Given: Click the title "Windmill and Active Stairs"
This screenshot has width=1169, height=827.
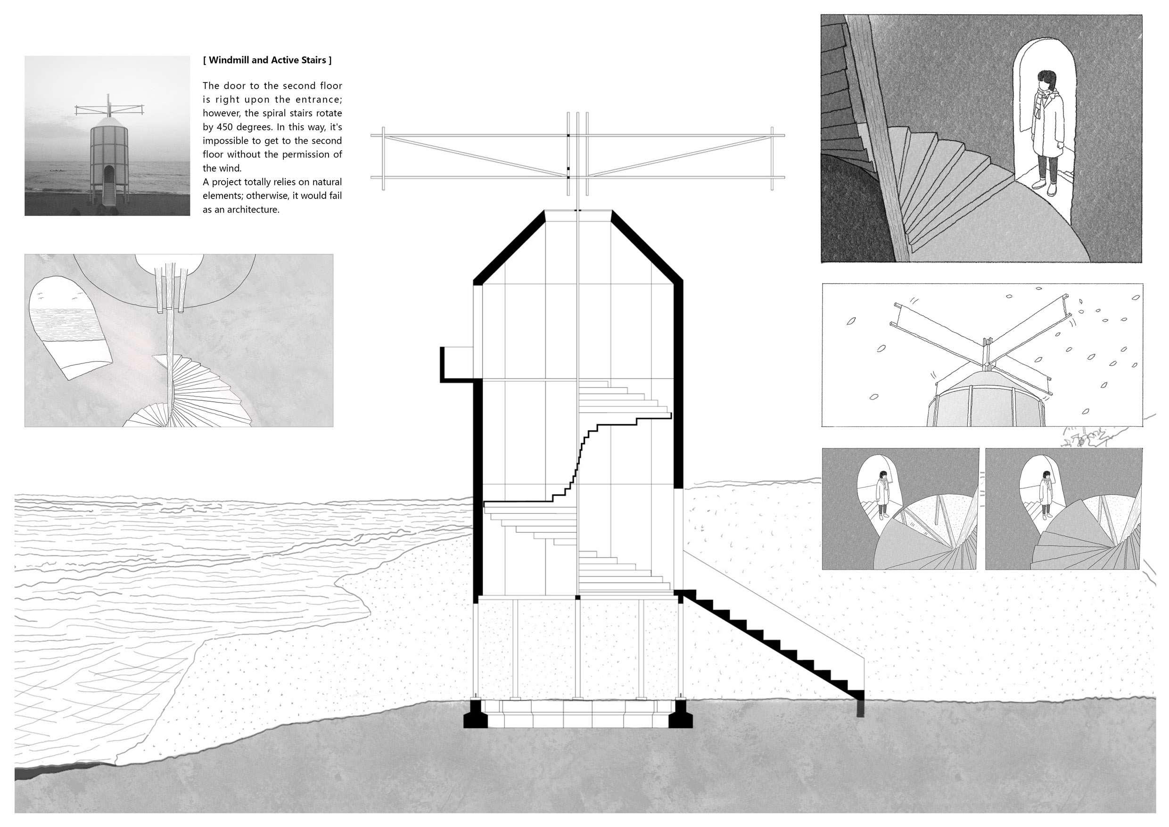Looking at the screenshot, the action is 267,60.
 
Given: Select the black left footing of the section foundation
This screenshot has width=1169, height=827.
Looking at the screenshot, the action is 475,714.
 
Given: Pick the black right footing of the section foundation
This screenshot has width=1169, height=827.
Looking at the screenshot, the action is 679,714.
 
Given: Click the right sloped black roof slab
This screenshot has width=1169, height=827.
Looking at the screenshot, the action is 647,248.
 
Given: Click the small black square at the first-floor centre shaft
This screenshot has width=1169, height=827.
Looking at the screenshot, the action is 577,596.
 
